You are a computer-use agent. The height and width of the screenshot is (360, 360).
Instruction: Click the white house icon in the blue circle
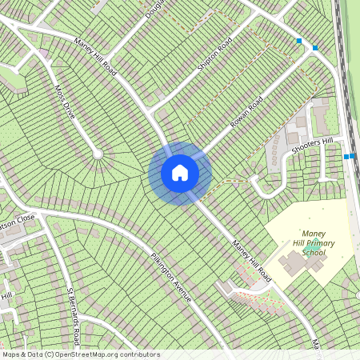pos(180,172)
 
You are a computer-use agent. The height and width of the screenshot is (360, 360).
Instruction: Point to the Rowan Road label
pos(246,113)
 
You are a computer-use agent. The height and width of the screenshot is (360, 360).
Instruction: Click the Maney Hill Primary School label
pos(308,242)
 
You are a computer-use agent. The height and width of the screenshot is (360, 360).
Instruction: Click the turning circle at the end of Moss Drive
pos(98,153)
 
